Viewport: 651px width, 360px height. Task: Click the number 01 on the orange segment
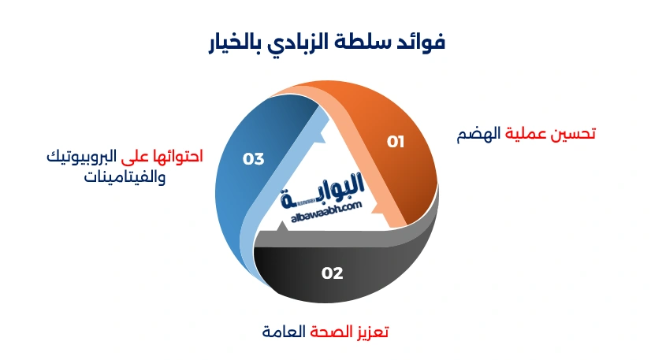coord(396,142)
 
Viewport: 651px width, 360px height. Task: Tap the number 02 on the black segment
coord(333,273)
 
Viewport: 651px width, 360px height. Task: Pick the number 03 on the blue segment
coord(253,159)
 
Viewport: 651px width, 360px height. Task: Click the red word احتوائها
coord(175,157)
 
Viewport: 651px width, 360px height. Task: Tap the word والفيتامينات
coord(124,176)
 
